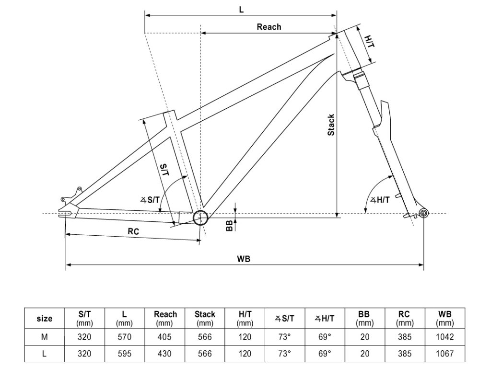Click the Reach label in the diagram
coord(269,27)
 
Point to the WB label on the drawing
coord(244,258)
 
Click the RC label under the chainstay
coord(133,231)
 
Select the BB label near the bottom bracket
coord(229,225)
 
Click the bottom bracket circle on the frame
coord(200,218)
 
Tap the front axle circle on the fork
coord(422,212)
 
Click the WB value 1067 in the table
coord(445,354)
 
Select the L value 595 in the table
coord(124,354)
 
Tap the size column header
coord(45,319)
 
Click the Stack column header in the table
coord(205,318)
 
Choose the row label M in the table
coord(45,337)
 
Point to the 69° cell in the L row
coord(325,354)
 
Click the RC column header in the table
coord(404,318)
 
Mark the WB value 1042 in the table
coord(445,337)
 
